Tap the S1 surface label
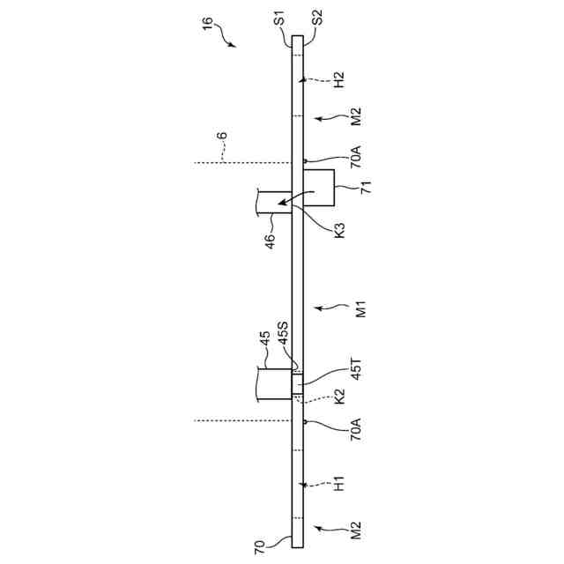278,19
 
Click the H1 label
340,483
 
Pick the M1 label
360,309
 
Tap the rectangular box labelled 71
318,188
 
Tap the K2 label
340,398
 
